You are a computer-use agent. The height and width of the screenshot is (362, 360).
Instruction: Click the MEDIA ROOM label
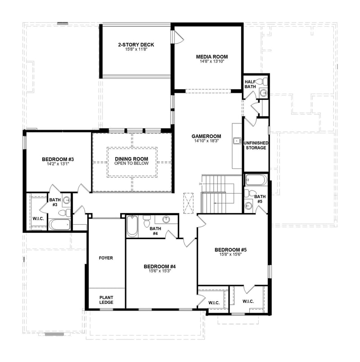(211, 57)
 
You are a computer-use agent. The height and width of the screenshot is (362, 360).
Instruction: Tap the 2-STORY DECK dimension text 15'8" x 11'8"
(136, 49)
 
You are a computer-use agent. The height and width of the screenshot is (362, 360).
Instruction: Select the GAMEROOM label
(207, 136)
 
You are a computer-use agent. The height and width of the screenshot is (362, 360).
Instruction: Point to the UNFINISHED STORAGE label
(256, 145)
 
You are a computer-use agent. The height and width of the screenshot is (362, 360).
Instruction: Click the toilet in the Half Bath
(265, 81)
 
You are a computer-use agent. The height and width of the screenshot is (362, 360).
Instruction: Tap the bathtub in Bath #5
(256, 180)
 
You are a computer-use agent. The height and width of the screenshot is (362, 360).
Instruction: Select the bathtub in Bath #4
(131, 226)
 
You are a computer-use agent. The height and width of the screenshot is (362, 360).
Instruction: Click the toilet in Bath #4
(146, 222)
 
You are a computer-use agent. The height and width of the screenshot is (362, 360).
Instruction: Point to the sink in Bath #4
(166, 220)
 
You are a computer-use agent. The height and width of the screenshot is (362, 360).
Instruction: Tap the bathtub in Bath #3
(59, 224)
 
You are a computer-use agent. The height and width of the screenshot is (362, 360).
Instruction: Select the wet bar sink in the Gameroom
(237, 141)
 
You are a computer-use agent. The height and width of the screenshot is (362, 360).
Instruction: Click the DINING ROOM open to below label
(131, 161)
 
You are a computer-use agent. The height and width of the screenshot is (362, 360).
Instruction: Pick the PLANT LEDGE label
(106, 299)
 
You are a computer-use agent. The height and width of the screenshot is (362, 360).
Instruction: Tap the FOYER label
(106, 258)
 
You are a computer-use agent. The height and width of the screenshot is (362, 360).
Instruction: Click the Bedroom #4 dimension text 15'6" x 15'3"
(160, 271)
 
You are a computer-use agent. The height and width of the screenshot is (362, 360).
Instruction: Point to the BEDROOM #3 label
(58, 159)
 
